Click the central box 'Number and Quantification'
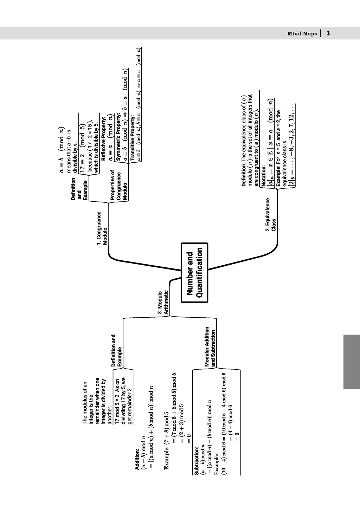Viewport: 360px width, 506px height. pyautogui.click(x=194, y=272)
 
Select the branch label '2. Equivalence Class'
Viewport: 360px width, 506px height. pyautogui.click(x=271, y=215)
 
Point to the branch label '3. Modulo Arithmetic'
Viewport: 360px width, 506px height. pyautogui.click(x=163, y=302)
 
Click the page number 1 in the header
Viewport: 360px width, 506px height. pyautogui.click(x=328, y=33)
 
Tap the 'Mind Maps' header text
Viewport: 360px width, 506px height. pyautogui.click(x=302, y=34)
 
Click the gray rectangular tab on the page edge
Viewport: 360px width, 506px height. pyautogui.click(x=351, y=362)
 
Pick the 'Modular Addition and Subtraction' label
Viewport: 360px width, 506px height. pyautogui.click(x=210, y=346)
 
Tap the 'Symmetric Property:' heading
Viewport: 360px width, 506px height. pyautogui.click(x=118, y=137)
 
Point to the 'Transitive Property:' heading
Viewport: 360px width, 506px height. pyautogui.click(x=133, y=138)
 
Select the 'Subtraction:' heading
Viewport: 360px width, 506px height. pyautogui.click(x=197, y=461)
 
